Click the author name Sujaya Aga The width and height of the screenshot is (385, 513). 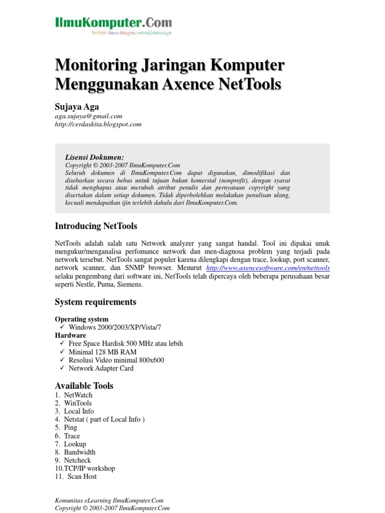(x=77, y=106)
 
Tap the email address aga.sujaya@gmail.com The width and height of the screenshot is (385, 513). (x=88, y=116)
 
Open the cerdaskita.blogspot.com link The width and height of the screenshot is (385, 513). (x=98, y=124)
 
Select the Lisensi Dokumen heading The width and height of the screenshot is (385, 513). (x=94, y=157)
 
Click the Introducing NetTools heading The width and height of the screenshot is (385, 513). (x=96, y=226)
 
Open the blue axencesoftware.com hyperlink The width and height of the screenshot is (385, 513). (x=268, y=268)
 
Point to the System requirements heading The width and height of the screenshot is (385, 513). (x=95, y=302)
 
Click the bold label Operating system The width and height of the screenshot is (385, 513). (x=81, y=319)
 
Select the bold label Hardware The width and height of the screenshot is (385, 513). (x=70, y=335)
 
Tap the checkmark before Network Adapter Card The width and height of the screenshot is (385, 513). (x=62, y=368)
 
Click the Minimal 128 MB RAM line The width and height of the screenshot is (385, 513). (x=102, y=352)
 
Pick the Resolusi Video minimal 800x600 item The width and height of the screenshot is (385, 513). (x=116, y=360)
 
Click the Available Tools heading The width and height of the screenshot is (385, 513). (x=84, y=386)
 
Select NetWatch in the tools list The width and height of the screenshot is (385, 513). (x=78, y=395)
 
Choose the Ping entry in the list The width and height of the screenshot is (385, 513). (x=71, y=427)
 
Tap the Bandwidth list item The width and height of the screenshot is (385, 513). (x=80, y=452)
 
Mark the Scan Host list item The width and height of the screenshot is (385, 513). (x=82, y=476)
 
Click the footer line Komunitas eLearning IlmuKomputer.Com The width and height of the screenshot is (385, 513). (x=109, y=500)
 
